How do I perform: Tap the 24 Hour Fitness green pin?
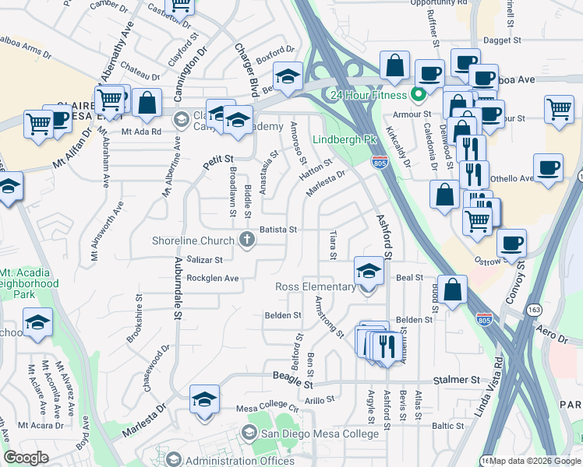pyautogui.click(x=418, y=96)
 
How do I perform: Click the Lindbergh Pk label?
pyautogui.click(x=340, y=140)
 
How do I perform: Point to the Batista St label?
pyautogui.click(x=278, y=230)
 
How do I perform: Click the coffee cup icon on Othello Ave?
pyautogui.click(x=549, y=167)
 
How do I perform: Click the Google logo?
pyautogui.click(x=26, y=458)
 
